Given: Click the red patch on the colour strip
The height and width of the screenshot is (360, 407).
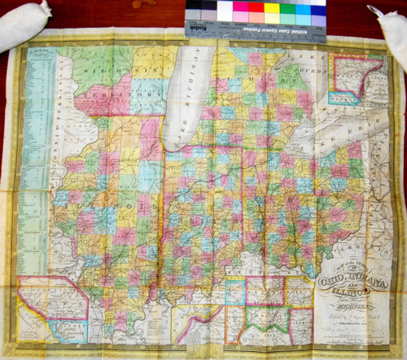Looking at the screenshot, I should [x=255, y=7].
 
